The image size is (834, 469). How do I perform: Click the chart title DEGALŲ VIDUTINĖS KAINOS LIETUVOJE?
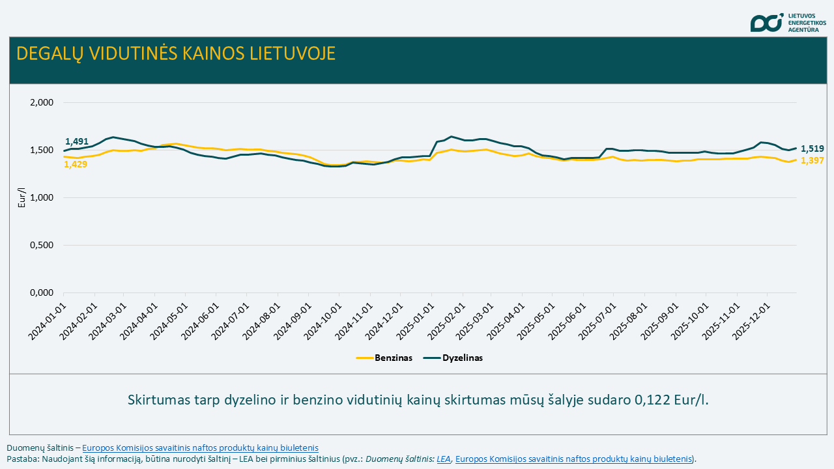[x=176, y=53]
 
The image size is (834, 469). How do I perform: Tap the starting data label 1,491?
[x=76, y=141]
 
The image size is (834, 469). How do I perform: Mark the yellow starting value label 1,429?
[x=75, y=164]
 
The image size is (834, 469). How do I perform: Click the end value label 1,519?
[x=812, y=149]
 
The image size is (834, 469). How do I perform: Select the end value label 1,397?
[x=812, y=161]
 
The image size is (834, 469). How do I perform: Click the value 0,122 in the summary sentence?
[x=652, y=400]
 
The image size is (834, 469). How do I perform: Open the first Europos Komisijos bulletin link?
[x=200, y=448]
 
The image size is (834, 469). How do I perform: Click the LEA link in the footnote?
[x=444, y=459]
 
